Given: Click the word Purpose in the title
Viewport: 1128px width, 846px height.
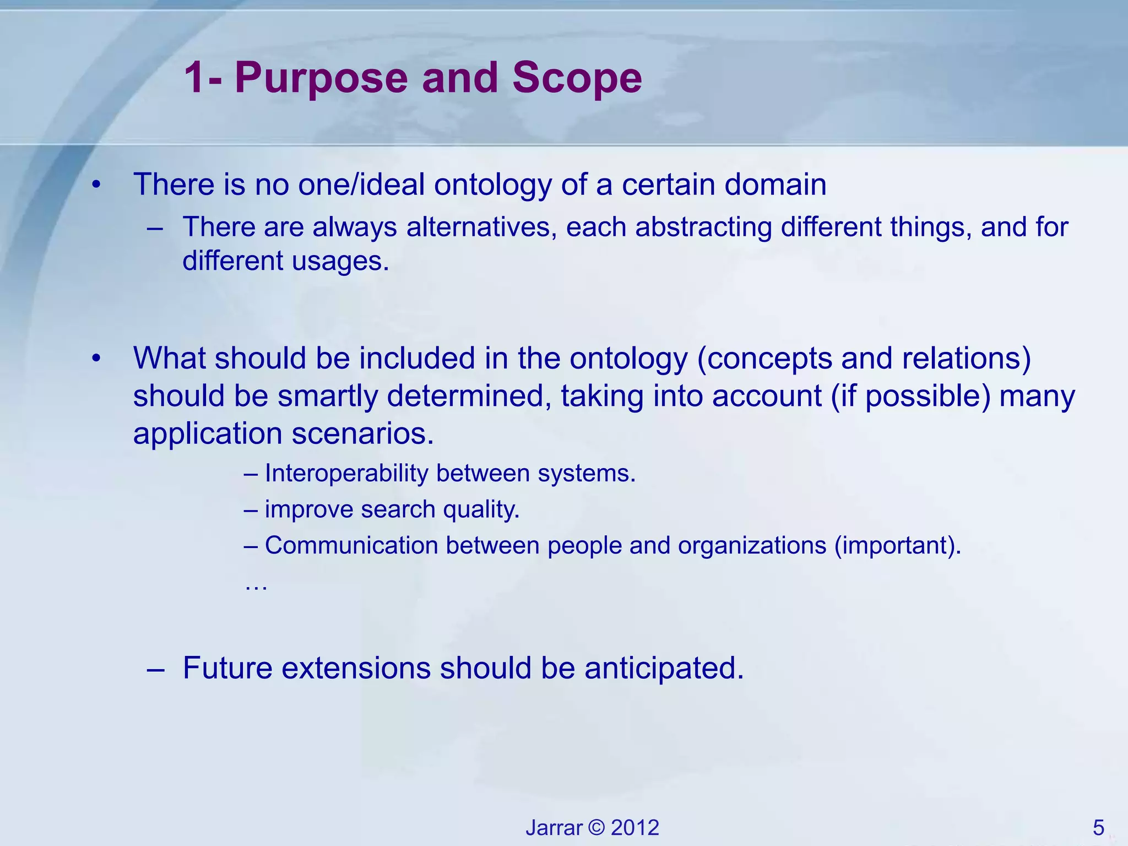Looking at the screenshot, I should coord(321,79).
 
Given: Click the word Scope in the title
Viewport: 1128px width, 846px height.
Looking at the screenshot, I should coord(577,79).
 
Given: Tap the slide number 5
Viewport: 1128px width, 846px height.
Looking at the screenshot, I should coord(1098,828).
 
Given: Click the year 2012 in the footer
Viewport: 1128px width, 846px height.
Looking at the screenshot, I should coord(635,828).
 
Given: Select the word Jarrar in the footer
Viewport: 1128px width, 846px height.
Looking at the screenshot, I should coord(554,828).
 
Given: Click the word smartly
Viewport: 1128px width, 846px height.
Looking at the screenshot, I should coord(327,396).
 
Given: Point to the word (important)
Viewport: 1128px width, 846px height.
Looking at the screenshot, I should coord(897,545).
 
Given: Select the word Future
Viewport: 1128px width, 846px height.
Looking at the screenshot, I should coord(227,668).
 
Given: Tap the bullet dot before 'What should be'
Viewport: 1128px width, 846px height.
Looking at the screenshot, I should coord(97,359).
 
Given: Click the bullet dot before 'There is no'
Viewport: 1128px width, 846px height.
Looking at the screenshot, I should coord(97,186).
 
